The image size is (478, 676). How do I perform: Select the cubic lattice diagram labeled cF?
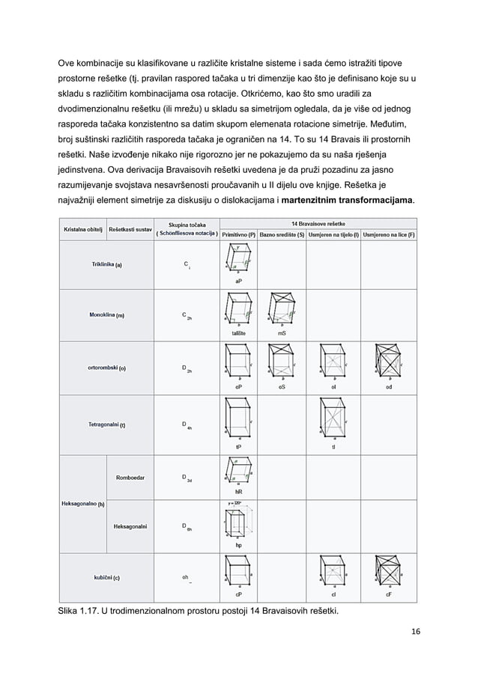[x=388, y=575]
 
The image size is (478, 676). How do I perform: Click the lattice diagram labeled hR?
[x=238, y=473]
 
